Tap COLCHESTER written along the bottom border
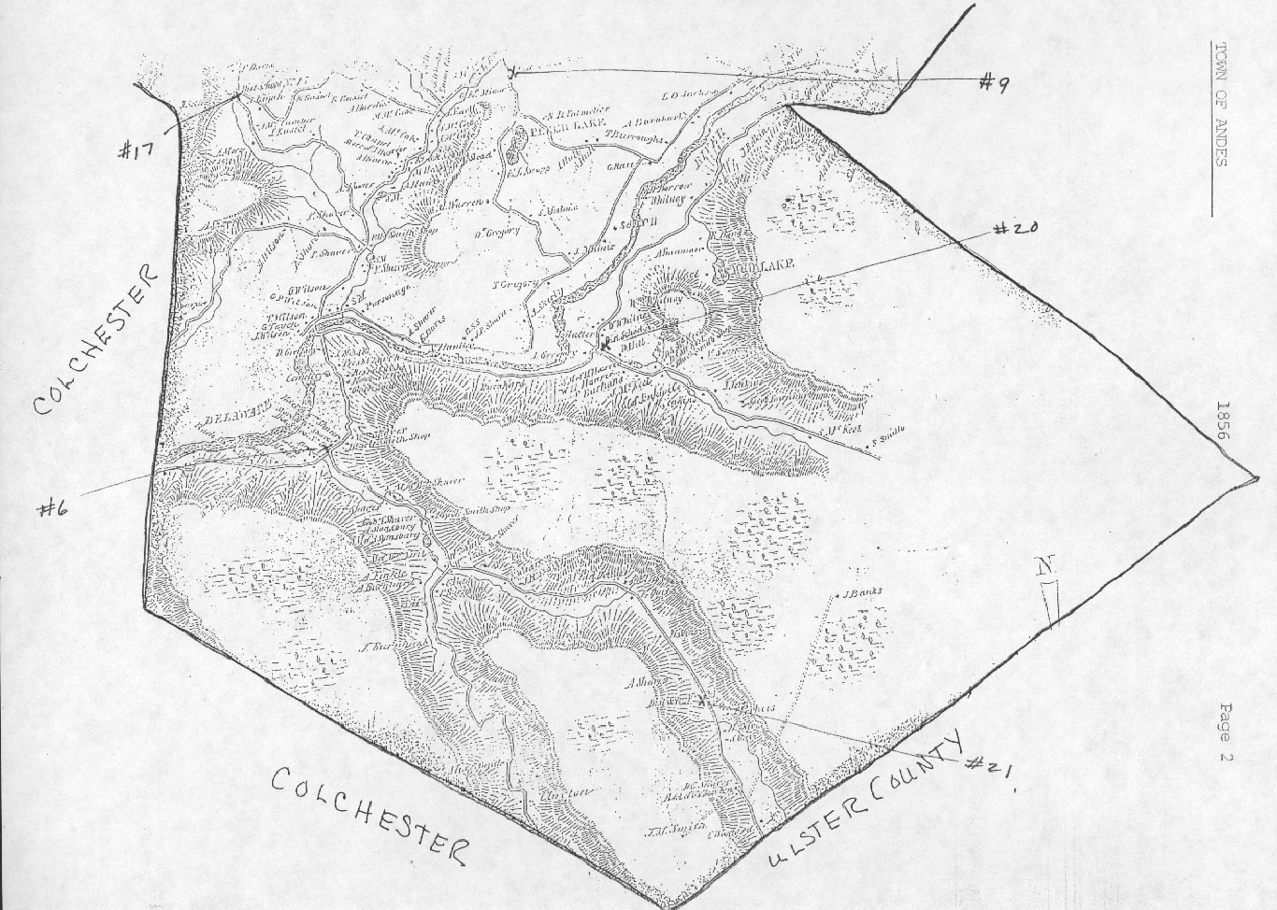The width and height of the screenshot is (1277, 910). tap(370, 811)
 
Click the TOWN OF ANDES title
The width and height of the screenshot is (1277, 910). tap(1219, 104)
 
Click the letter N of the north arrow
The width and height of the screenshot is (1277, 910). tap(1042, 566)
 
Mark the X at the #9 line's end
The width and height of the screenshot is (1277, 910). tap(512, 71)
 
